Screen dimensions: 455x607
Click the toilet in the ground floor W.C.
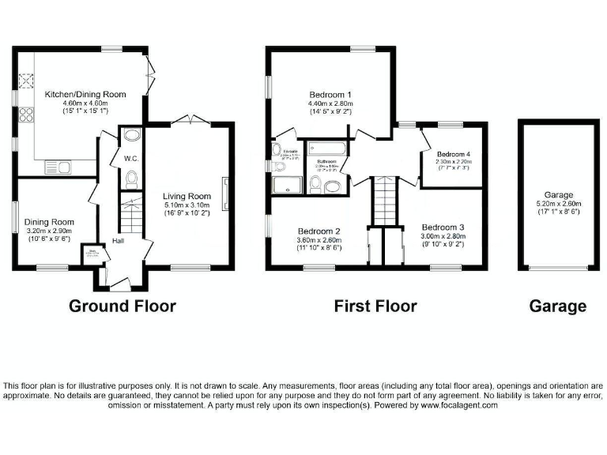coord(131,181)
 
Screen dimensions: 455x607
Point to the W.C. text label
coord(131,158)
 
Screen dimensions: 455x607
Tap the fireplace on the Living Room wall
coord(226,192)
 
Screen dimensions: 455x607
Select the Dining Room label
coord(48,222)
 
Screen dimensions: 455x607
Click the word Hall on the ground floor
coord(117,241)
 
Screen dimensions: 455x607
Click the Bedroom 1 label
coord(331,94)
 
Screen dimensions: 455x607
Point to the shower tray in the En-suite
coord(282,184)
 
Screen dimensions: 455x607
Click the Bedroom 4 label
coord(454,154)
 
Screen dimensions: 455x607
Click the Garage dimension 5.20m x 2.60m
coord(558,203)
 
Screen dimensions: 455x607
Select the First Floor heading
coord(375,306)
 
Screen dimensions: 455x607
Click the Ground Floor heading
coord(123,306)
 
